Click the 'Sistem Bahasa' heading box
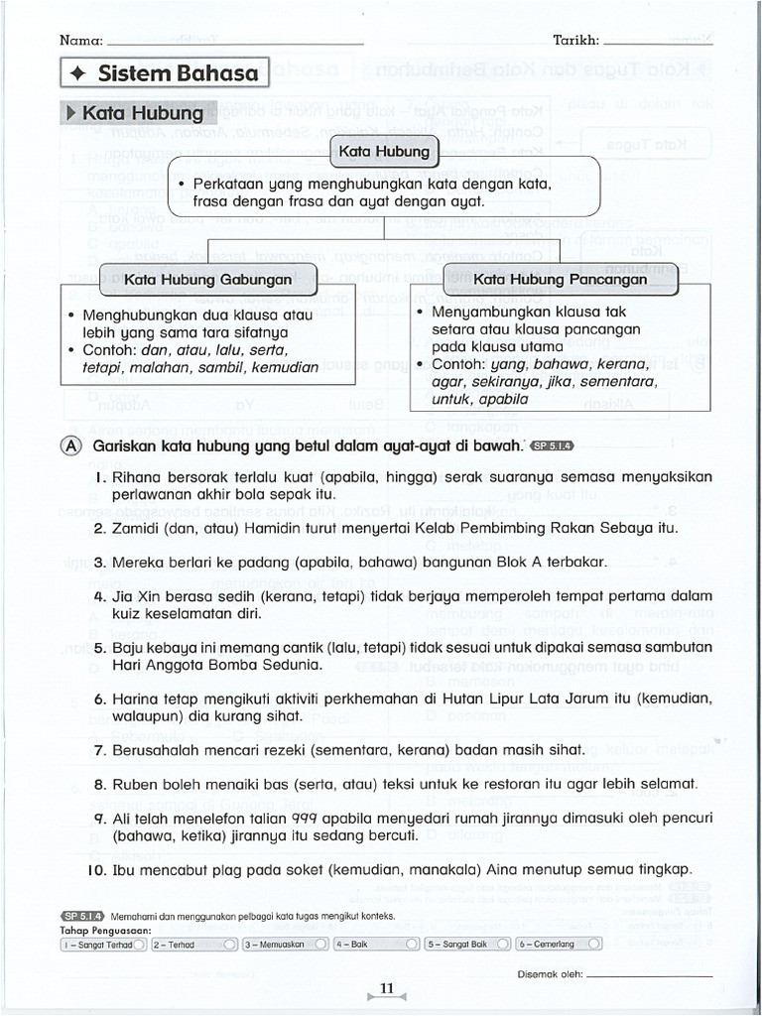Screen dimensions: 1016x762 pyautogui.click(x=165, y=72)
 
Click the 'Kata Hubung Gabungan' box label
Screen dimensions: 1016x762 pyautogui.click(x=208, y=279)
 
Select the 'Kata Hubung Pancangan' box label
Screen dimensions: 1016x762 pyautogui.click(x=561, y=279)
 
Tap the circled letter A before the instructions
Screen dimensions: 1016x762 pyautogui.click(x=70, y=446)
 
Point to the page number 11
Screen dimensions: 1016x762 pyautogui.click(x=387, y=987)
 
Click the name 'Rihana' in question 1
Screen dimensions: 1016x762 pyautogui.click(x=137, y=476)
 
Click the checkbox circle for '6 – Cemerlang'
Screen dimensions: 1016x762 pyautogui.click(x=593, y=944)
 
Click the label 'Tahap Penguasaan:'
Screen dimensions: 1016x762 pyautogui.click(x=104, y=931)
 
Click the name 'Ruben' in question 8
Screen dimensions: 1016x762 pyautogui.click(x=135, y=784)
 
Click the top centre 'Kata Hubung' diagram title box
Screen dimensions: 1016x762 pyautogui.click(x=384, y=152)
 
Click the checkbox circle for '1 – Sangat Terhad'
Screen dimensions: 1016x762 pyautogui.click(x=139, y=944)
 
